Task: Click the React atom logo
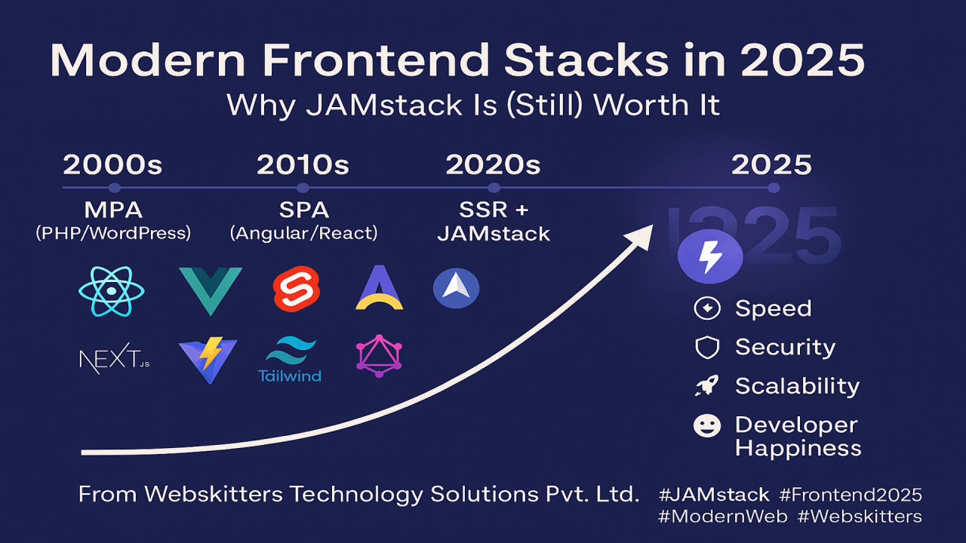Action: pyautogui.click(x=111, y=291)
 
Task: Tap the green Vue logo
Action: pyautogui.click(x=211, y=291)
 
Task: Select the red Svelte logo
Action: pyautogui.click(x=297, y=289)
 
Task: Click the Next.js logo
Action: pyautogui.click(x=115, y=358)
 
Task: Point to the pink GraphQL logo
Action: pyautogui.click(x=379, y=356)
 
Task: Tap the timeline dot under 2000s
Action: pyautogui.click(x=114, y=188)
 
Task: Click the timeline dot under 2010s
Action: pyautogui.click(x=303, y=188)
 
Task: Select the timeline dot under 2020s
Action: pyautogui.click(x=494, y=188)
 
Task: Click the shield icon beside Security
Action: pyautogui.click(x=707, y=348)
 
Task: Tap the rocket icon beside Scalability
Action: pyautogui.click(x=707, y=385)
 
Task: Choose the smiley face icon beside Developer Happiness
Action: pyautogui.click(x=707, y=426)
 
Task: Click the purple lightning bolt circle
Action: pyautogui.click(x=710, y=257)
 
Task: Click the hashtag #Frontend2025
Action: pyautogui.click(x=851, y=495)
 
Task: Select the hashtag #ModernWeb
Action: pyautogui.click(x=723, y=517)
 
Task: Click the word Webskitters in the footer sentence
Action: pyautogui.click(x=214, y=494)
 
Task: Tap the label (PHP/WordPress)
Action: pyautogui.click(x=113, y=233)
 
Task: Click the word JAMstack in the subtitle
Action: pyautogui.click(x=384, y=105)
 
